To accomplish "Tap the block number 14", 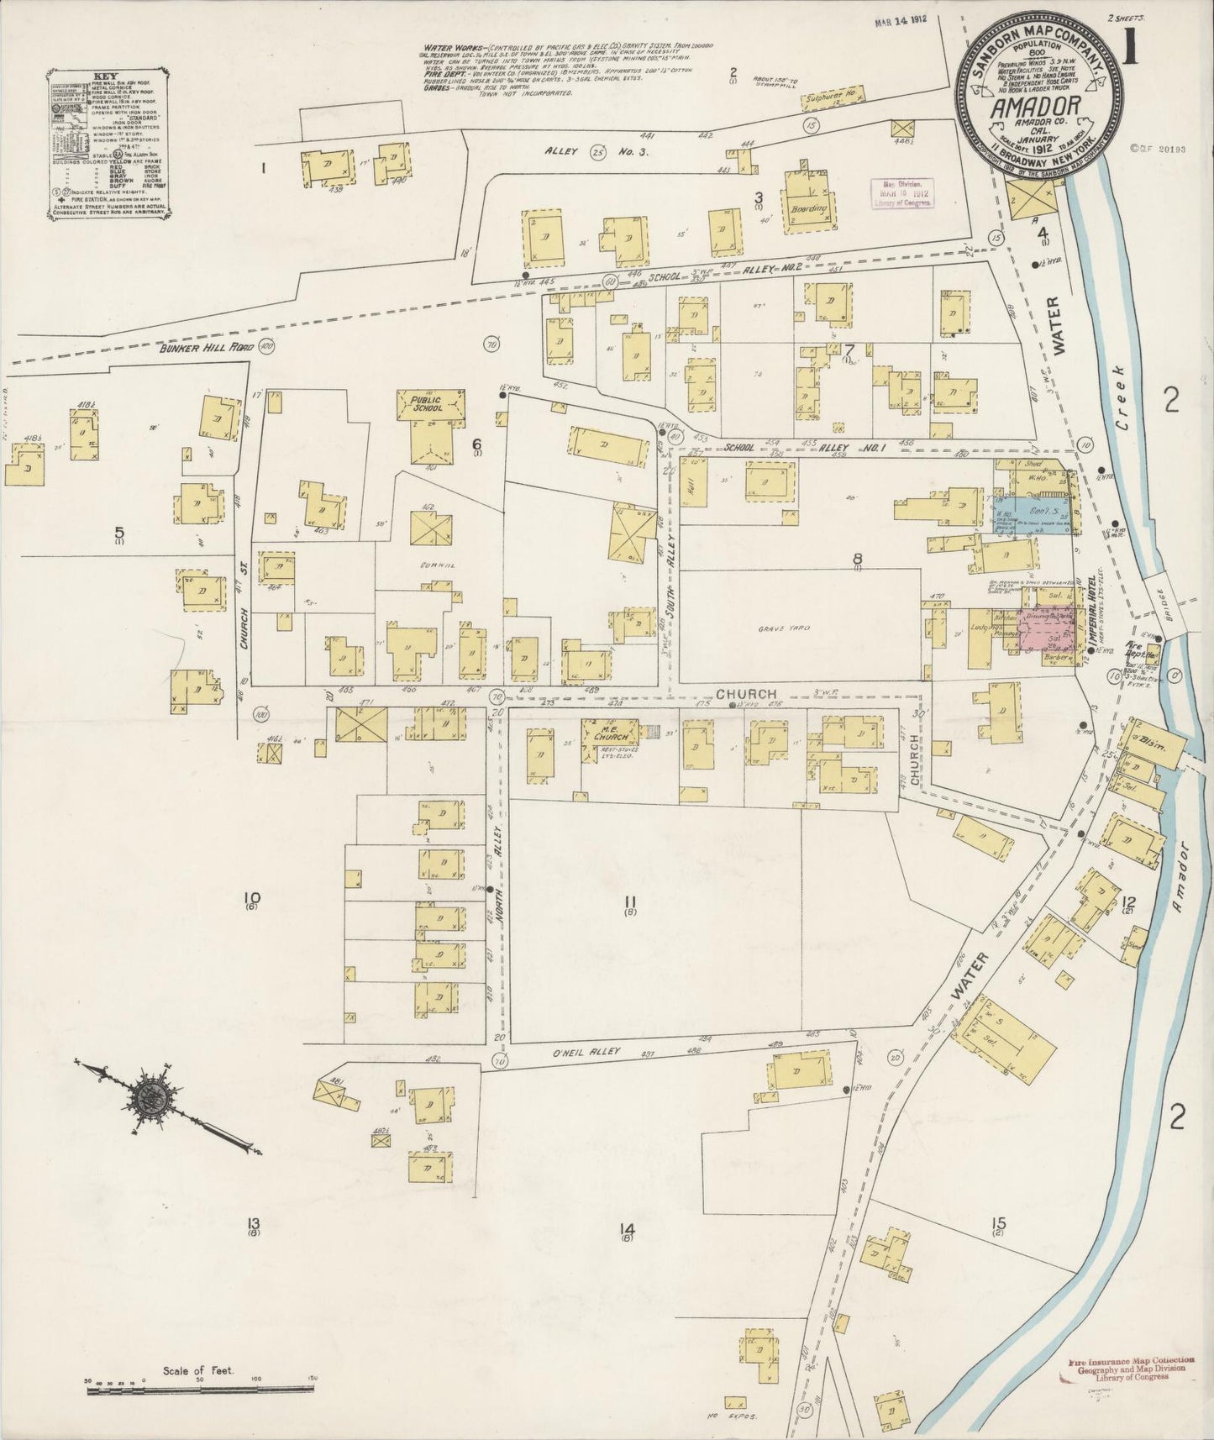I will (626, 1231).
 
